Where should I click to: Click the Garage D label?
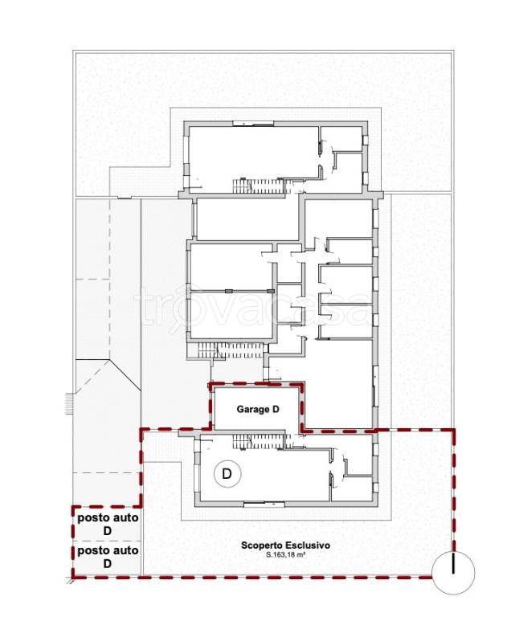[258, 409]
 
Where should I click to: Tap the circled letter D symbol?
[227, 474]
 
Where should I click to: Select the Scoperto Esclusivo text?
[285, 545]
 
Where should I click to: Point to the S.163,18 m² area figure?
[286, 556]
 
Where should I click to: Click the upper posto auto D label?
[108, 524]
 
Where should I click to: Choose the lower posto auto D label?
[108, 558]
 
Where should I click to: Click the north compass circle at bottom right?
[453, 573]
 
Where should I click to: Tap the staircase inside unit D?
[260, 442]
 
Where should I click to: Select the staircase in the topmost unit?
[259, 186]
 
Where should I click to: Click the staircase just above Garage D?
[232, 350]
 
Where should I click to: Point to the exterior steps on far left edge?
[69, 403]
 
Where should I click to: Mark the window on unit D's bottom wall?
[264, 504]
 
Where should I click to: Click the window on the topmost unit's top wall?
[253, 124]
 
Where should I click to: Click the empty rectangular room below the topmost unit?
[248, 219]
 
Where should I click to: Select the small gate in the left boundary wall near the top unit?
[125, 198]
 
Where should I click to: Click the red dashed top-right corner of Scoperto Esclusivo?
[453, 431]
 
